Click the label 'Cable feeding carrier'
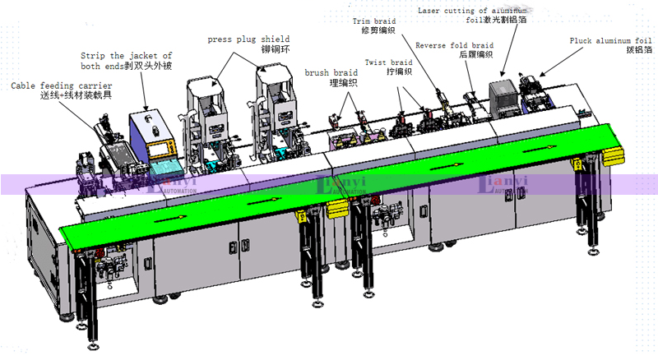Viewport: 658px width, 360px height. click(62, 85)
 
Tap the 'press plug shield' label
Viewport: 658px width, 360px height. click(248, 39)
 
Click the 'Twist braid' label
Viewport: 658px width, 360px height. click(388, 62)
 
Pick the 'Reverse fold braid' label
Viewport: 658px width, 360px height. click(454, 45)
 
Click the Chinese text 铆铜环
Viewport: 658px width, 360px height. click(276, 50)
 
